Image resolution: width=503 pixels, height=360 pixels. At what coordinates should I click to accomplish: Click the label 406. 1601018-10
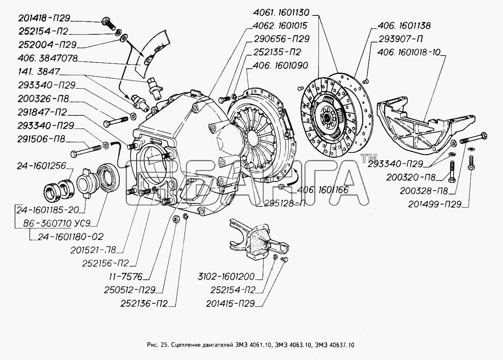click(x=409, y=52)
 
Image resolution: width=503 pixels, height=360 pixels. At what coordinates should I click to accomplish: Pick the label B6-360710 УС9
click(x=56, y=223)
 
